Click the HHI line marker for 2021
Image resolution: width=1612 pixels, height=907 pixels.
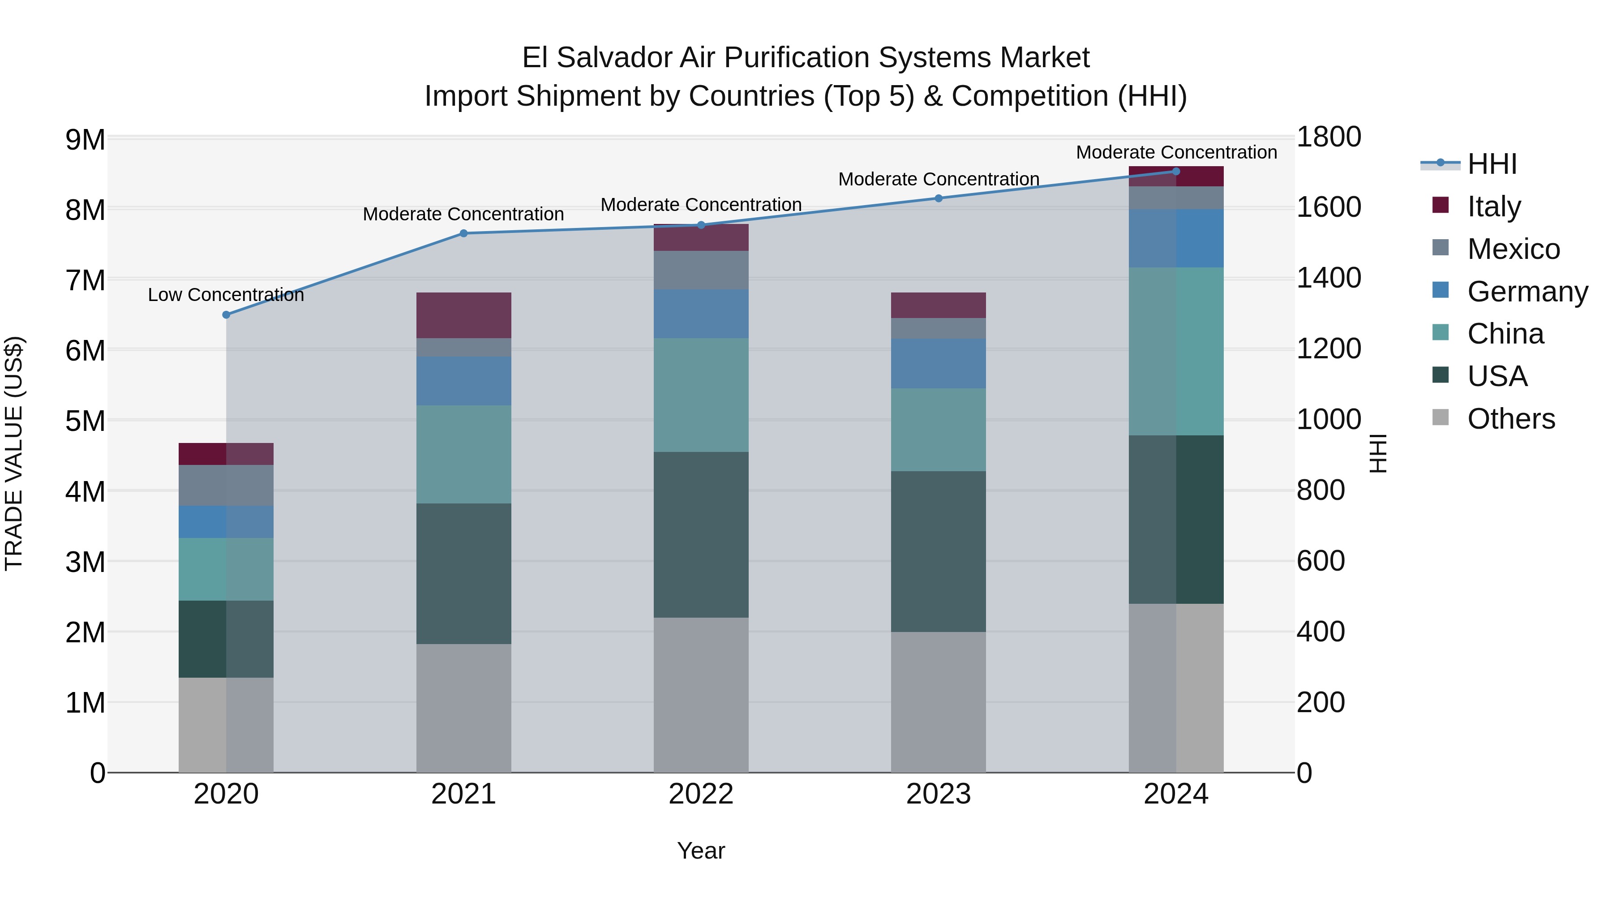point(464,233)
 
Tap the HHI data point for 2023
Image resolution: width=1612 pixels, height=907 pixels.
point(939,198)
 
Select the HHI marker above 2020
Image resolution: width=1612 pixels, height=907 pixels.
point(227,315)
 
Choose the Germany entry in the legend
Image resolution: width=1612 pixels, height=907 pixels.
point(1527,292)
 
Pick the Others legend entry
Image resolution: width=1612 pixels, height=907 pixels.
point(1511,419)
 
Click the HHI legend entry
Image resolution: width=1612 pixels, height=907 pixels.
point(1492,164)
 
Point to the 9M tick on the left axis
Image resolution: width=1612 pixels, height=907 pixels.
point(86,140)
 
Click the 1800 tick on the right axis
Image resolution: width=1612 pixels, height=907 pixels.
point(1329,137)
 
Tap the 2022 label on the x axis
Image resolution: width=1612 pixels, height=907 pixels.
point(701,794)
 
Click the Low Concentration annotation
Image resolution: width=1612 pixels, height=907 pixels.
point(226,295)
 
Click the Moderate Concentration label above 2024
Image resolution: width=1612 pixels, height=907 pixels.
point(1176,152)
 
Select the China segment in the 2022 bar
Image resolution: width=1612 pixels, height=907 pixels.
point(701,395)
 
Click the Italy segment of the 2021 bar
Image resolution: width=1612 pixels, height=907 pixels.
point(464,315)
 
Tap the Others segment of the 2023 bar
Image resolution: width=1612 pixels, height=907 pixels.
point(939,702)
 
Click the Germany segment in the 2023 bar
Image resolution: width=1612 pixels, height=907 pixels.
point(939,363)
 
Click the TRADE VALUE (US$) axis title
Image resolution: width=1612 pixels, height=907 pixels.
point(14,454)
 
